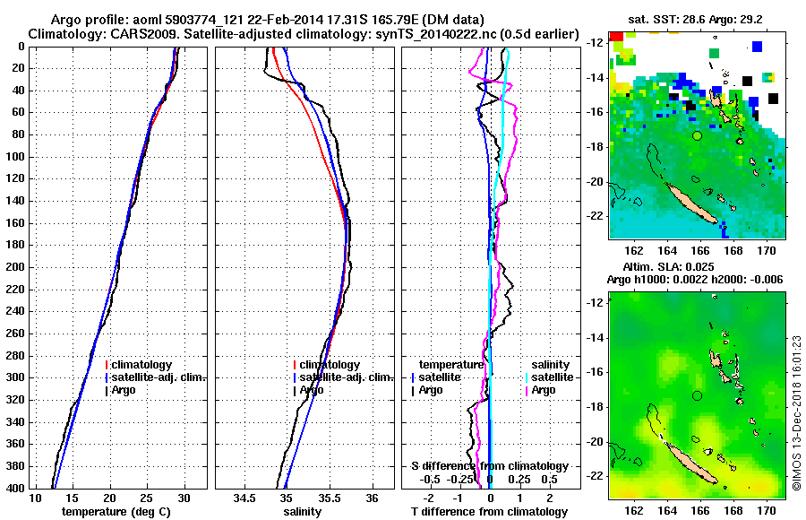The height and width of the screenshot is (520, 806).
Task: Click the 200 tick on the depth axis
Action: [16, 267]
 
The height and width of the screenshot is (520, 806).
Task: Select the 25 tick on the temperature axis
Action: [148, 498]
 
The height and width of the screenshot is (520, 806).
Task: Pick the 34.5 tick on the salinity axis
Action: [244, 498]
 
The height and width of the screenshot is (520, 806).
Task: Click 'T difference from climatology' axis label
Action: [489, 511]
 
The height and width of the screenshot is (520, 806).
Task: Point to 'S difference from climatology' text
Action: [489, 466]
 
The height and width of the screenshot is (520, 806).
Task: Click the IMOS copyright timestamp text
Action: [796, 413]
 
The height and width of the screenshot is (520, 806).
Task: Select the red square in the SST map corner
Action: [616, 40]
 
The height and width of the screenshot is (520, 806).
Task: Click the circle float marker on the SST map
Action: [697, 135]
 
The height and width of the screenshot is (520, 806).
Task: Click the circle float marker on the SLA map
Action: [697, 395]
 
